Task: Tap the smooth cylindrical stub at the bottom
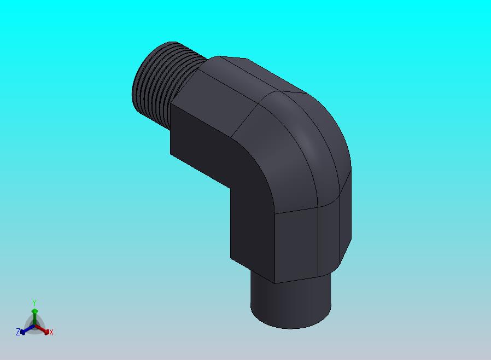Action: (290, 304)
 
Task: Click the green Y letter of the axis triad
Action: (34, 303)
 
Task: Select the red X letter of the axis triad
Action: (51, 333)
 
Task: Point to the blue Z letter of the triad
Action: (18, 332)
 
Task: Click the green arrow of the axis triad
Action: (34, 317)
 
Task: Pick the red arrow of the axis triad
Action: (42, 329)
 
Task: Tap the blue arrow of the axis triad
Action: (27, 329)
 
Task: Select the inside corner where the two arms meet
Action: (230, 188)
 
